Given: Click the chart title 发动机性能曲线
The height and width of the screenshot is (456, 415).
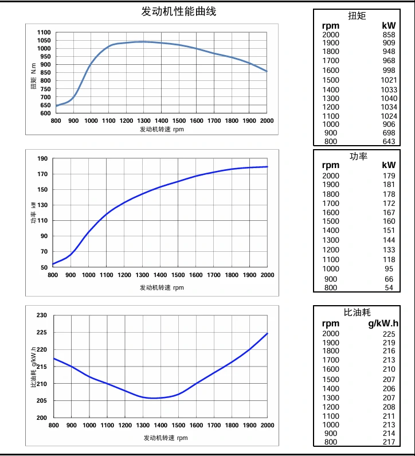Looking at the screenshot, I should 179,11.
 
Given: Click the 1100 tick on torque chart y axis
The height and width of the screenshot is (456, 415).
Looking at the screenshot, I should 44,33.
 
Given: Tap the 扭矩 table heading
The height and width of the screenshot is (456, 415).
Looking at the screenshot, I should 357,15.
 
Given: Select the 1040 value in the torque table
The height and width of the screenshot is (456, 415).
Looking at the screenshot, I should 389,98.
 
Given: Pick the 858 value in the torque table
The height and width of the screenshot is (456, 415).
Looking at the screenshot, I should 389,34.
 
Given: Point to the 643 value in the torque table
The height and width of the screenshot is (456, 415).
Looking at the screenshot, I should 389,142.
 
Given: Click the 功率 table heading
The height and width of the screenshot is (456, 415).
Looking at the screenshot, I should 358,156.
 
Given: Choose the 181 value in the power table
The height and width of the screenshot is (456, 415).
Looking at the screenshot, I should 389,185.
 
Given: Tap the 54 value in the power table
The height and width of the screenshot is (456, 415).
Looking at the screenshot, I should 389,287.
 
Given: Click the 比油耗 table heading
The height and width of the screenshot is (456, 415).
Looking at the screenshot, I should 357,312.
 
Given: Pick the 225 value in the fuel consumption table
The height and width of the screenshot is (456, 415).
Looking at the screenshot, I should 389,334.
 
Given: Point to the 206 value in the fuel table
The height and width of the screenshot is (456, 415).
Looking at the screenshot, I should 389,388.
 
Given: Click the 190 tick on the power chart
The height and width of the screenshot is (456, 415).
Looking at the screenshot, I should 42,159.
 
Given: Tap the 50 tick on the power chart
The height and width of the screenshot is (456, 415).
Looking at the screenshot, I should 44,267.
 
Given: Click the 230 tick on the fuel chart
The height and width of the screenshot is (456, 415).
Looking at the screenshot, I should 41,315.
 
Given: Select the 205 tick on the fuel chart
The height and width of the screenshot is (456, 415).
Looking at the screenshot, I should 41,401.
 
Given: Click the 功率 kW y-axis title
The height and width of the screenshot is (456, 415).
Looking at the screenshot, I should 33,212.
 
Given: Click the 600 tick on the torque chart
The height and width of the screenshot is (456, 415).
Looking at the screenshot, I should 45,113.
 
